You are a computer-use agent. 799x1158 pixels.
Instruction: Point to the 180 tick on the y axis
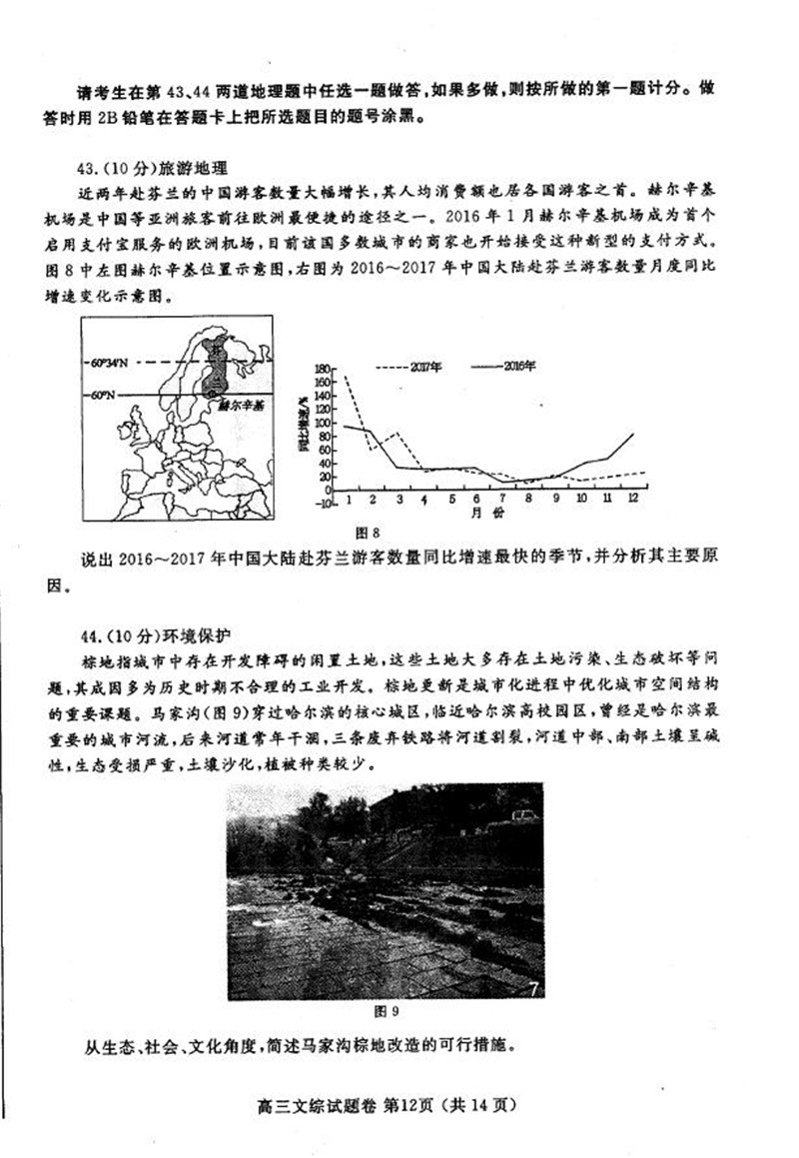[323, 369]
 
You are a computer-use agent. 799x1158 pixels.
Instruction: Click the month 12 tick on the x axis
[633, 498]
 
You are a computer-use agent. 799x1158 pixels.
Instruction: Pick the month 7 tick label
[478, 499]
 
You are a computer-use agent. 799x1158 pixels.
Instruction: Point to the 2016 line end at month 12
[633, 434]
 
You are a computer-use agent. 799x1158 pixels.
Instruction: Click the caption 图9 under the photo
[385, 1010]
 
